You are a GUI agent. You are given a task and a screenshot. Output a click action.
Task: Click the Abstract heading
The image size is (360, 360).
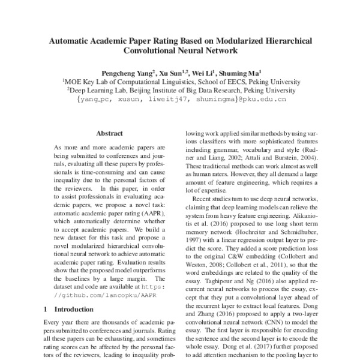click(x=109, y=133)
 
